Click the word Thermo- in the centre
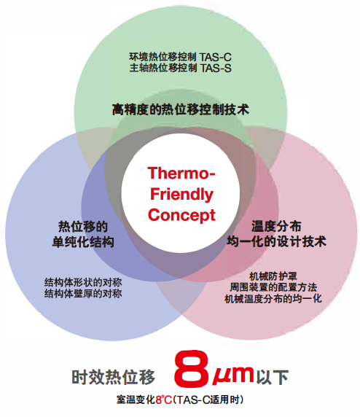181,173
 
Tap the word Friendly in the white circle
181,195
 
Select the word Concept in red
181,215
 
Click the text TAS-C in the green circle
216,57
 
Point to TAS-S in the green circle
216,68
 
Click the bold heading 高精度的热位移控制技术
181,109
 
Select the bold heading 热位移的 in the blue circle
83,227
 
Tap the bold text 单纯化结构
83,242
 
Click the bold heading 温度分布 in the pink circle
276,227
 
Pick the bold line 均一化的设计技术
276,242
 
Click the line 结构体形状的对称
83,282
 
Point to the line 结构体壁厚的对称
83,294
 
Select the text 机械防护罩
273,276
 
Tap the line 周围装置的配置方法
273,287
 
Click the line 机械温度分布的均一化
273,299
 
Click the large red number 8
191,370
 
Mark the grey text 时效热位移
113,377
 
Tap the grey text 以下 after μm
273,377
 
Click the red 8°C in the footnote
164,400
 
